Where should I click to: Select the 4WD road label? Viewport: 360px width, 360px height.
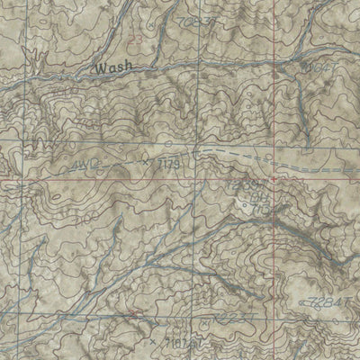(80, 166)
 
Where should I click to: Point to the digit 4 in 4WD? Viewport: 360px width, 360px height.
(71, 166)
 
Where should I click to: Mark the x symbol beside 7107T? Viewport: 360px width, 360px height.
(155, 341)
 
